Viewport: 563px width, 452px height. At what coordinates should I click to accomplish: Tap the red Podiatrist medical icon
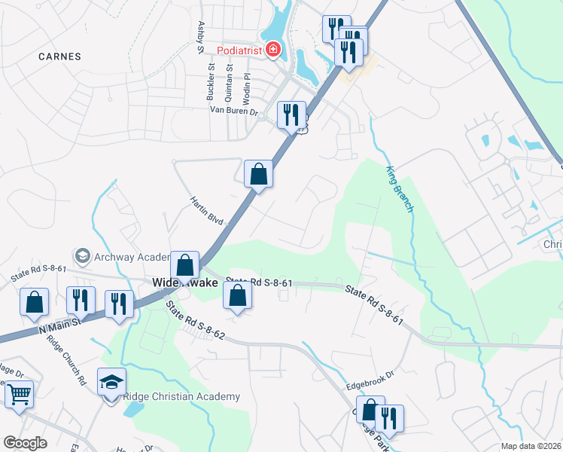(271, 50)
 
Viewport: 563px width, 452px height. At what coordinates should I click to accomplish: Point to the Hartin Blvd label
(207, 209)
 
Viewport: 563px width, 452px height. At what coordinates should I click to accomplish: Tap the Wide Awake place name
(184, 282)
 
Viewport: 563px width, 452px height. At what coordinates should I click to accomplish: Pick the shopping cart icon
(19, 394)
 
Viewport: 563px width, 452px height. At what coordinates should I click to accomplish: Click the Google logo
(25, 442)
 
